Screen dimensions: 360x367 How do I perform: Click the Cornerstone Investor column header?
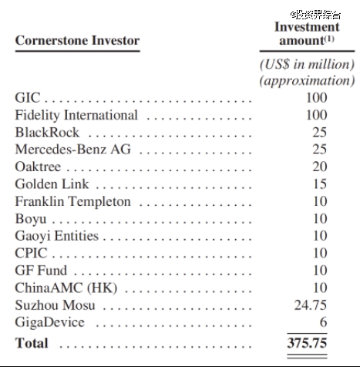point(77,41)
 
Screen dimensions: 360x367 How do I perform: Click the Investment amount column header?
point(307,34)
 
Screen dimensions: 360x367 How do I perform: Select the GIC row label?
point(28,98)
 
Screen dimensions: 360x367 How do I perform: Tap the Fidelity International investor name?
point(76,115)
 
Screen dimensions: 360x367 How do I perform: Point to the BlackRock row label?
point(47,133)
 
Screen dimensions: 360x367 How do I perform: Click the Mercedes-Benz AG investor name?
point(72,150)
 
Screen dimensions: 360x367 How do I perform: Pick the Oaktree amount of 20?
point(320,167)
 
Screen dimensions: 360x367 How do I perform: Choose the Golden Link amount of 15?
point(320,183)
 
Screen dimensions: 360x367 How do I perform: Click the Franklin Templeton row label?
point(72,201)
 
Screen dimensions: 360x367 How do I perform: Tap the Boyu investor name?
point(31,219)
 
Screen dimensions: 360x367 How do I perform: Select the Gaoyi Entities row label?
point(56,236)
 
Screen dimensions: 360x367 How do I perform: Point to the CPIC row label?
point(31,253)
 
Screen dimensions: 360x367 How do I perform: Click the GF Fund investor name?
point(41,271)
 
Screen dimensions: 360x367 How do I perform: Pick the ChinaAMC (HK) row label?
point(66,288)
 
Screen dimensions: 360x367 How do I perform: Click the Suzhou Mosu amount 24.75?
point(311,305)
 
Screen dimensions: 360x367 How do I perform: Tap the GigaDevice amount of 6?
point(323,322)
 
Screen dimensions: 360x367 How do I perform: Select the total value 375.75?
point(307,343)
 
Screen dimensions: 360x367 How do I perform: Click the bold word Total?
point(32,343)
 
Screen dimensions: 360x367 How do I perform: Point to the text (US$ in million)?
point(307,64)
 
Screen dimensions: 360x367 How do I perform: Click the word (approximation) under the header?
point(307,81)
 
